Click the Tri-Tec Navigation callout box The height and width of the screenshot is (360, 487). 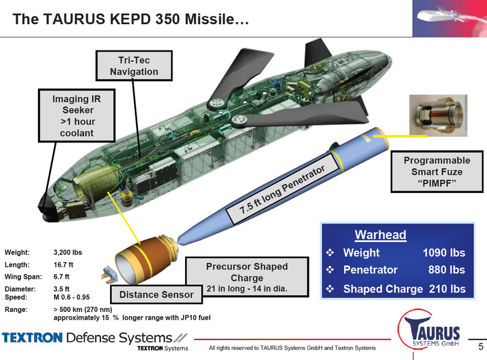[134, 66]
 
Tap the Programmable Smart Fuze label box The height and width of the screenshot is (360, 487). [436, 172]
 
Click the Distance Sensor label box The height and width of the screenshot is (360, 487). [156, 294]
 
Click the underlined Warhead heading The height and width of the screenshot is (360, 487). [380, 234]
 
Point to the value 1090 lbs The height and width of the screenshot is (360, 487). [444, 252]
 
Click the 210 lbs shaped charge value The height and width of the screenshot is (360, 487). [447, 288]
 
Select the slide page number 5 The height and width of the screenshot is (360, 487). [480, 347]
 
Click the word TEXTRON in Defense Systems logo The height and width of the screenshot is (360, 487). [32, 337]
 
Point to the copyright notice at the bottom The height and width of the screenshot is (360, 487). [292, 348]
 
